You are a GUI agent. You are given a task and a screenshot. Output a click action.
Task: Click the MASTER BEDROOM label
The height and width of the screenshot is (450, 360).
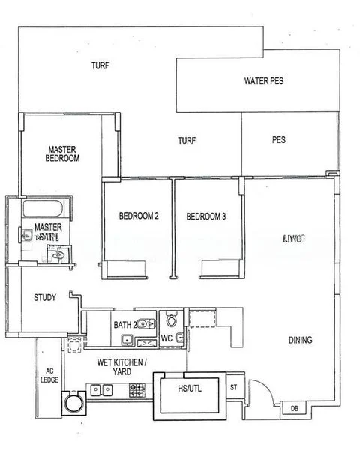(x=62, y=154)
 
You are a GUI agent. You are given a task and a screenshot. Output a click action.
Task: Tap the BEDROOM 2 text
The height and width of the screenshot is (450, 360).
(x=139, y=217)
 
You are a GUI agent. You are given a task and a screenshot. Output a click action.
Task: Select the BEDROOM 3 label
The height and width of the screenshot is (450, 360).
(x=206, y=217)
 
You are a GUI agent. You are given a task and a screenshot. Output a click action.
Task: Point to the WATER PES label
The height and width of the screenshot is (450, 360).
(x=262, y=81)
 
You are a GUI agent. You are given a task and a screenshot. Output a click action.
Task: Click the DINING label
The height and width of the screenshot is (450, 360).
(x=300, y=340)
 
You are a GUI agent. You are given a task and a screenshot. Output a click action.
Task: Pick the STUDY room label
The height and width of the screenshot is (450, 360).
(x=45, y=298)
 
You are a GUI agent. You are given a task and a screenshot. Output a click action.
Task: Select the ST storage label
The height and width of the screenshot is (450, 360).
(x=233, y=388)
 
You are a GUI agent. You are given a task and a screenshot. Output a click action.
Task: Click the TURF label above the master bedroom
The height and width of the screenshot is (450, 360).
(x=100, y=65)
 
